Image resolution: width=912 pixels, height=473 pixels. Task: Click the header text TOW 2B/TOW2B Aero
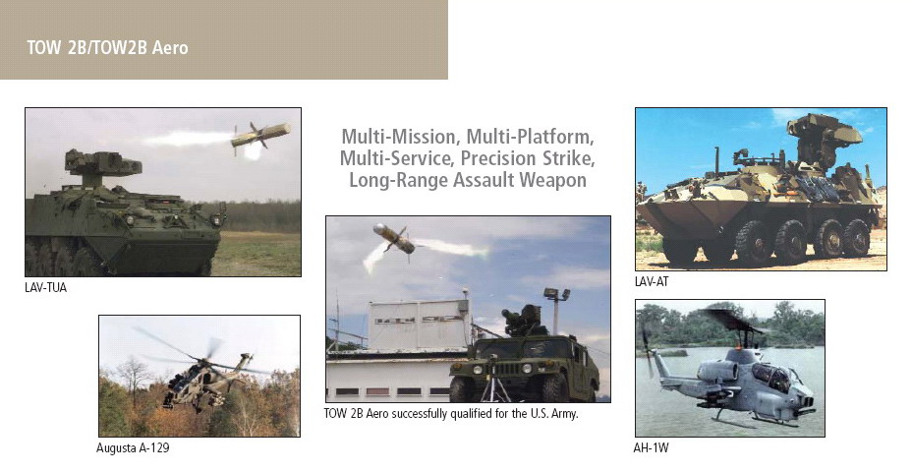tap(107, 48)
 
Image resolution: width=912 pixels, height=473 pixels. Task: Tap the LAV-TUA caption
tap(46, 287)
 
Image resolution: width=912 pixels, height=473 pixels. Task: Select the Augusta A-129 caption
tap(133, 448)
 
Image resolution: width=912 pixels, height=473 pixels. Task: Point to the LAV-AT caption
tap(652, 281)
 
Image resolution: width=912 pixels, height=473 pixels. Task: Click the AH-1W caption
tap(651, 448)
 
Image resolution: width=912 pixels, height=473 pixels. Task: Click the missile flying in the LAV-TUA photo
tap(258, 136)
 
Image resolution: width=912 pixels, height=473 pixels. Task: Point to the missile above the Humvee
tap(394, 238)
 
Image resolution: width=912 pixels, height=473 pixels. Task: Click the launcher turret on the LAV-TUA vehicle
tap(102, 164)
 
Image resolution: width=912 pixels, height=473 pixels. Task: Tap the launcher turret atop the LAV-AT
tap(823, 139)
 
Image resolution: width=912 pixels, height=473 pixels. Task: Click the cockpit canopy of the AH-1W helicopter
tap(770, 376)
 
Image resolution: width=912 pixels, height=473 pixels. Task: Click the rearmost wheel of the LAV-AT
tap(856, 238)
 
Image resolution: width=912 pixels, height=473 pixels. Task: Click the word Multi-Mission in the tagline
tap(399, 137)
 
